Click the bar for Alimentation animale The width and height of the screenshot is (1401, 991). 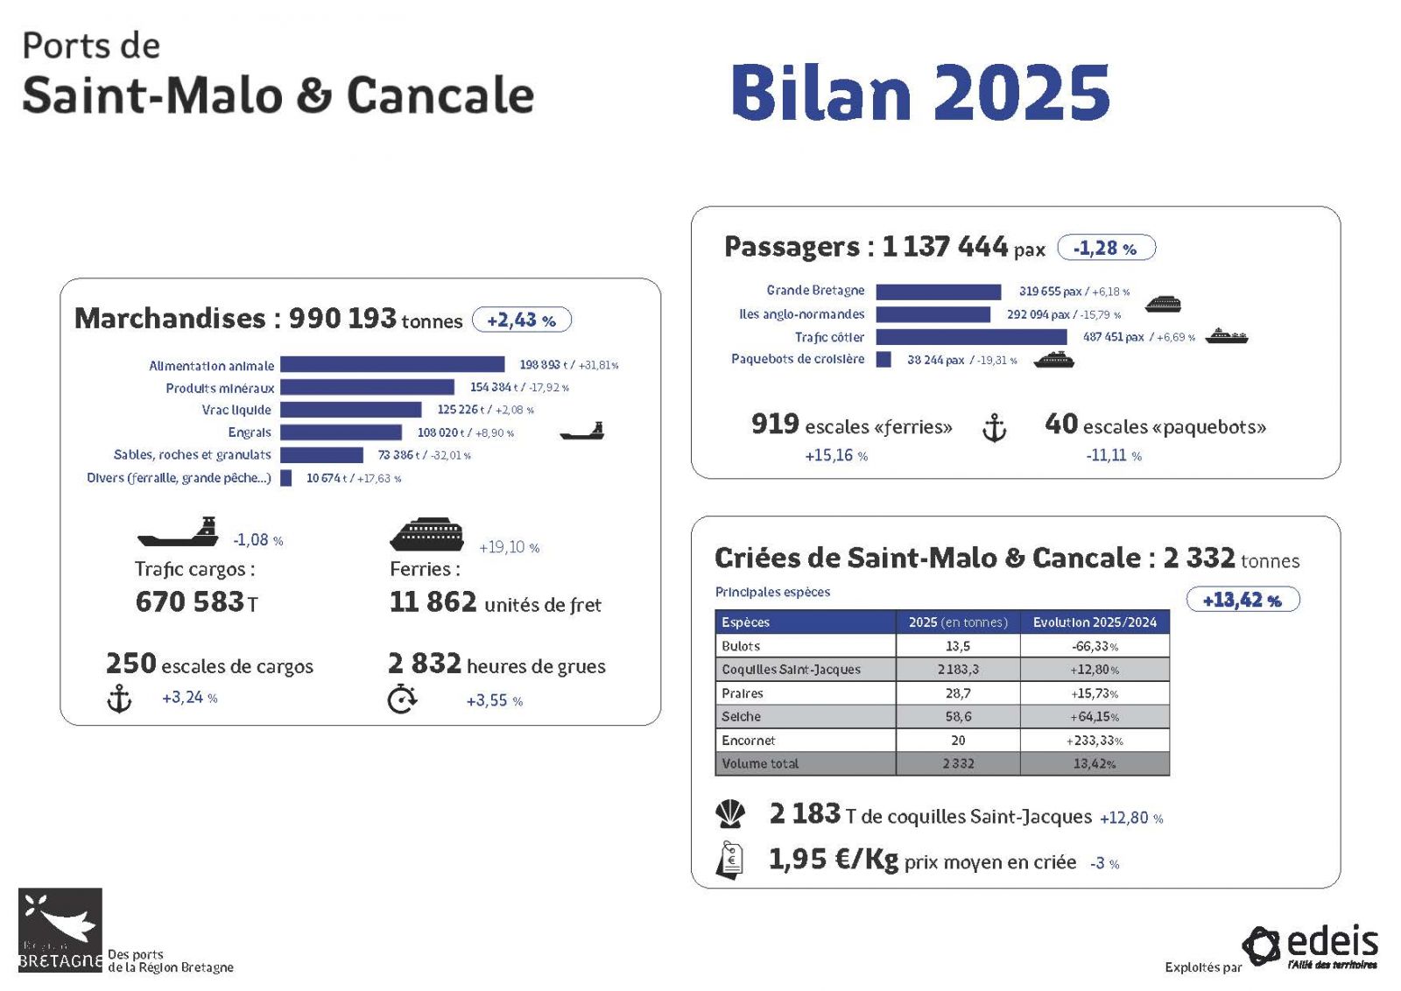pyautogui.click(x=392, y=364)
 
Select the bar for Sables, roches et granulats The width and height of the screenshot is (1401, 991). pyautogui.click(x=321, y=454)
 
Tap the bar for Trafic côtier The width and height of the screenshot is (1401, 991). pyautogui.click(x=971, y=337)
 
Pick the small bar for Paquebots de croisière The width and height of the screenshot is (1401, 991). pyautogui.click(x=884, y=360)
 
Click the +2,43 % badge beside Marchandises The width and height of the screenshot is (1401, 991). pyautogui.click(x=522, y=320)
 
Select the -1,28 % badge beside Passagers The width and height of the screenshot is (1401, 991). pyautogui.click(x=1107, y=248)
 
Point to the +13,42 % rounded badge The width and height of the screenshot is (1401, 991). pyautogui.click(x=1243, y=600)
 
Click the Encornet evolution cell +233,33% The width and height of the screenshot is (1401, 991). pyautogui.click(x=1095, y=741)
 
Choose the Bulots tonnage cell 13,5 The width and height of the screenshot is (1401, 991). pyautogui.click(x=958, y=646)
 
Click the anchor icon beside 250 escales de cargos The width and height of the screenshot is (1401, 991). pyautogui.click(x=119, y=699)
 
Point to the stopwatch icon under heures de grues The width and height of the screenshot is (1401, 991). pyautogui.click(x=402, y=699)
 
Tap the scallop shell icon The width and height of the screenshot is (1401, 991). pyautogui.click(x=730, y=815)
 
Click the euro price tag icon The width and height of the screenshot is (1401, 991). pyautogui.click(x=729, y=861)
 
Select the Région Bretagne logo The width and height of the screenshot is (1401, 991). pyautogui.click(x=60, y=930)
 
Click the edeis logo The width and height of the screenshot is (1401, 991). pyautogui.click(x=1310, y=946)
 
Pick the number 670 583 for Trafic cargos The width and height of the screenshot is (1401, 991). pyautogui.click(x=190, y=601)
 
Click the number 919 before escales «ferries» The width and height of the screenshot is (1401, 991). pyautogui.click(x=775, y=424)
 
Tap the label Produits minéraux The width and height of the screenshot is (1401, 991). pyautogui.click(x=220, y=389)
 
